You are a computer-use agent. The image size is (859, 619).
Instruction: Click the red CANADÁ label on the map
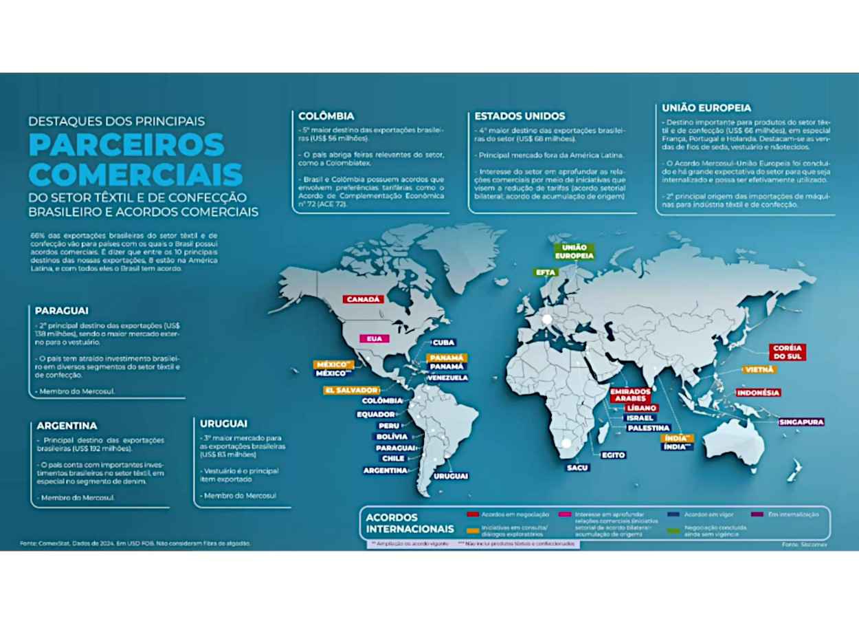[x=363, y=299]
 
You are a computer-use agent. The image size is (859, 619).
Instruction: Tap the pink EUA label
[x=374, y=339]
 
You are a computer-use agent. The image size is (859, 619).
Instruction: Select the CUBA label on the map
[x=443, y=343]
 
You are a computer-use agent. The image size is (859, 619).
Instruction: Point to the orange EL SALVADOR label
[x=351, y=390]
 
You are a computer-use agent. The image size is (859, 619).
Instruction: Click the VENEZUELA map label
[x=447, y=378]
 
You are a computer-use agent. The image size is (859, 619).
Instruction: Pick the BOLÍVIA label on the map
[x=392, y=437]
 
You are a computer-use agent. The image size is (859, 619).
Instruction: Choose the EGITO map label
[x=613, y=455]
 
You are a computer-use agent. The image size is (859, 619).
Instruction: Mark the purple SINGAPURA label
[x=801, y=422]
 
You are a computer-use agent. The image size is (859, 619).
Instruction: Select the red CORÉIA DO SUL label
[x=788, y=352]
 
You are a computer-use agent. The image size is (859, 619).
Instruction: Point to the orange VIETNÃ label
[x=759, y=370]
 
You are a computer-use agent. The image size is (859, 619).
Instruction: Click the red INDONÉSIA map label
[x=759, y=393]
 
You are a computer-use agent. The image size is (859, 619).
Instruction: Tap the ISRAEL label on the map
[x=640, y=418]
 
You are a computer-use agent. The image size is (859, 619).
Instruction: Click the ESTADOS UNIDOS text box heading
[x=520, y=116]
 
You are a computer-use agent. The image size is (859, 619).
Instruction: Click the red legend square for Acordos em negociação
[x=472, y=514]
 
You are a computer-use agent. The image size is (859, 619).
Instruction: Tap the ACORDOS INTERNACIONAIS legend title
[x=410, y=523]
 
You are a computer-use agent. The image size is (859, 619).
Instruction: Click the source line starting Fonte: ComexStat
[x=135, y=543]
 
